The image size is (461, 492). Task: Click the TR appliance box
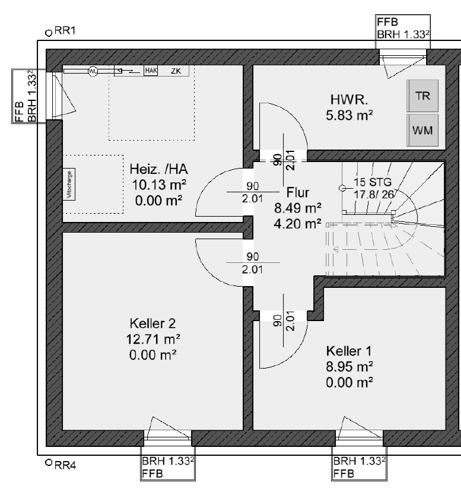tap(422, 96)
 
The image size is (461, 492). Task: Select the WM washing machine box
tap(422, 130)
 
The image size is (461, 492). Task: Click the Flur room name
tap(297, 193)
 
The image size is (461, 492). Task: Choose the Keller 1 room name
tap(349, 351)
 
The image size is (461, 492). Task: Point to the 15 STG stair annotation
tap(369, 182)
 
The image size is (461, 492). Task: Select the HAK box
tap(151, 71)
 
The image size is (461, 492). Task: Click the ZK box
tap(175, 71)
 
